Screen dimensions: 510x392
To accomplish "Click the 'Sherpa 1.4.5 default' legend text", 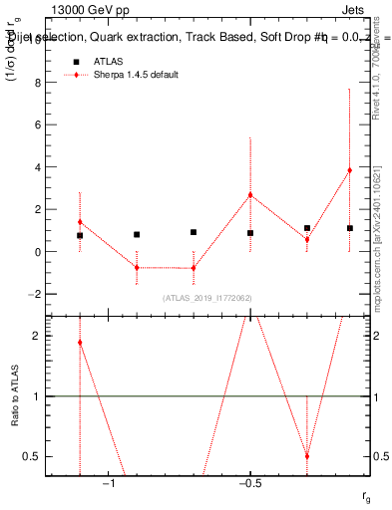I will coord(137,76).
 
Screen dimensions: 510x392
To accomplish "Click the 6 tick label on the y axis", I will coord(36,126).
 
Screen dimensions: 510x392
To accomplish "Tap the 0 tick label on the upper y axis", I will coord(36,252).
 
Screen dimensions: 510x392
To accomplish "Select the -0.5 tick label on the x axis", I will coord(249,485).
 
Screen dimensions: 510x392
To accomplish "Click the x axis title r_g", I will coord(366,495).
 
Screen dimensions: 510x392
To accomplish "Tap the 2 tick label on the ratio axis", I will coord(36,336).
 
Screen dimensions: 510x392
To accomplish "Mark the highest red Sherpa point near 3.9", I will coord(349,170).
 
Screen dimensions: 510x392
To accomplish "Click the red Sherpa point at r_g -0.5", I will coord(250,195).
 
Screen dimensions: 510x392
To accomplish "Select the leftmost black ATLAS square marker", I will coord(80,236).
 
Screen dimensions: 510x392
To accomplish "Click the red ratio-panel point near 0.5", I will coord(306,456).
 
